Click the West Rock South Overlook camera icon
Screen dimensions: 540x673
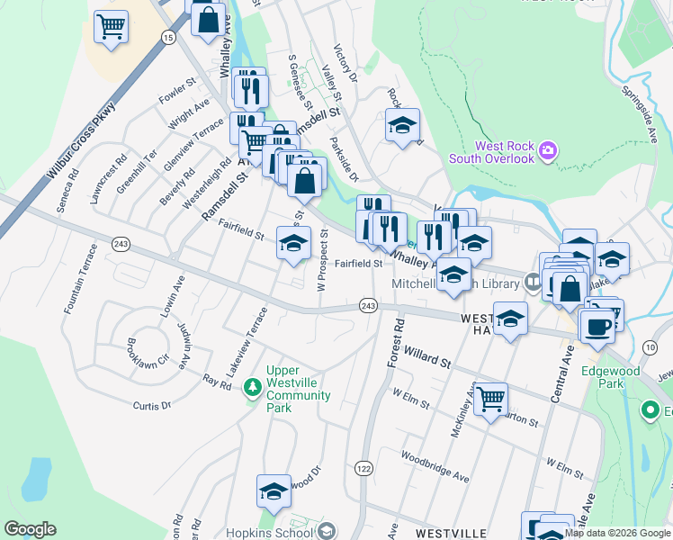coord(547,152)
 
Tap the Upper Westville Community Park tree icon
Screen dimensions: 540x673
coord(254,388)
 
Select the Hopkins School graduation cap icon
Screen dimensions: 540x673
coord(326,530)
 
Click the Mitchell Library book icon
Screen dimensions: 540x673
coord(534,284)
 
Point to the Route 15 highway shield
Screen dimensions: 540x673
coord(168,36)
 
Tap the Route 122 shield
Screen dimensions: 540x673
coord(363,469)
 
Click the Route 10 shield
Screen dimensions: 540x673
coord(651,346)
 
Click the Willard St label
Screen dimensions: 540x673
coord(426,357)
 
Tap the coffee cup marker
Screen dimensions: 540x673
coord(597,325)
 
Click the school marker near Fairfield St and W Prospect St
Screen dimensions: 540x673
coord(293,242)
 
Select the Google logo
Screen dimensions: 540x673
coord(30,529)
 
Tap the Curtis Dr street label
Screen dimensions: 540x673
coord(151,406)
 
